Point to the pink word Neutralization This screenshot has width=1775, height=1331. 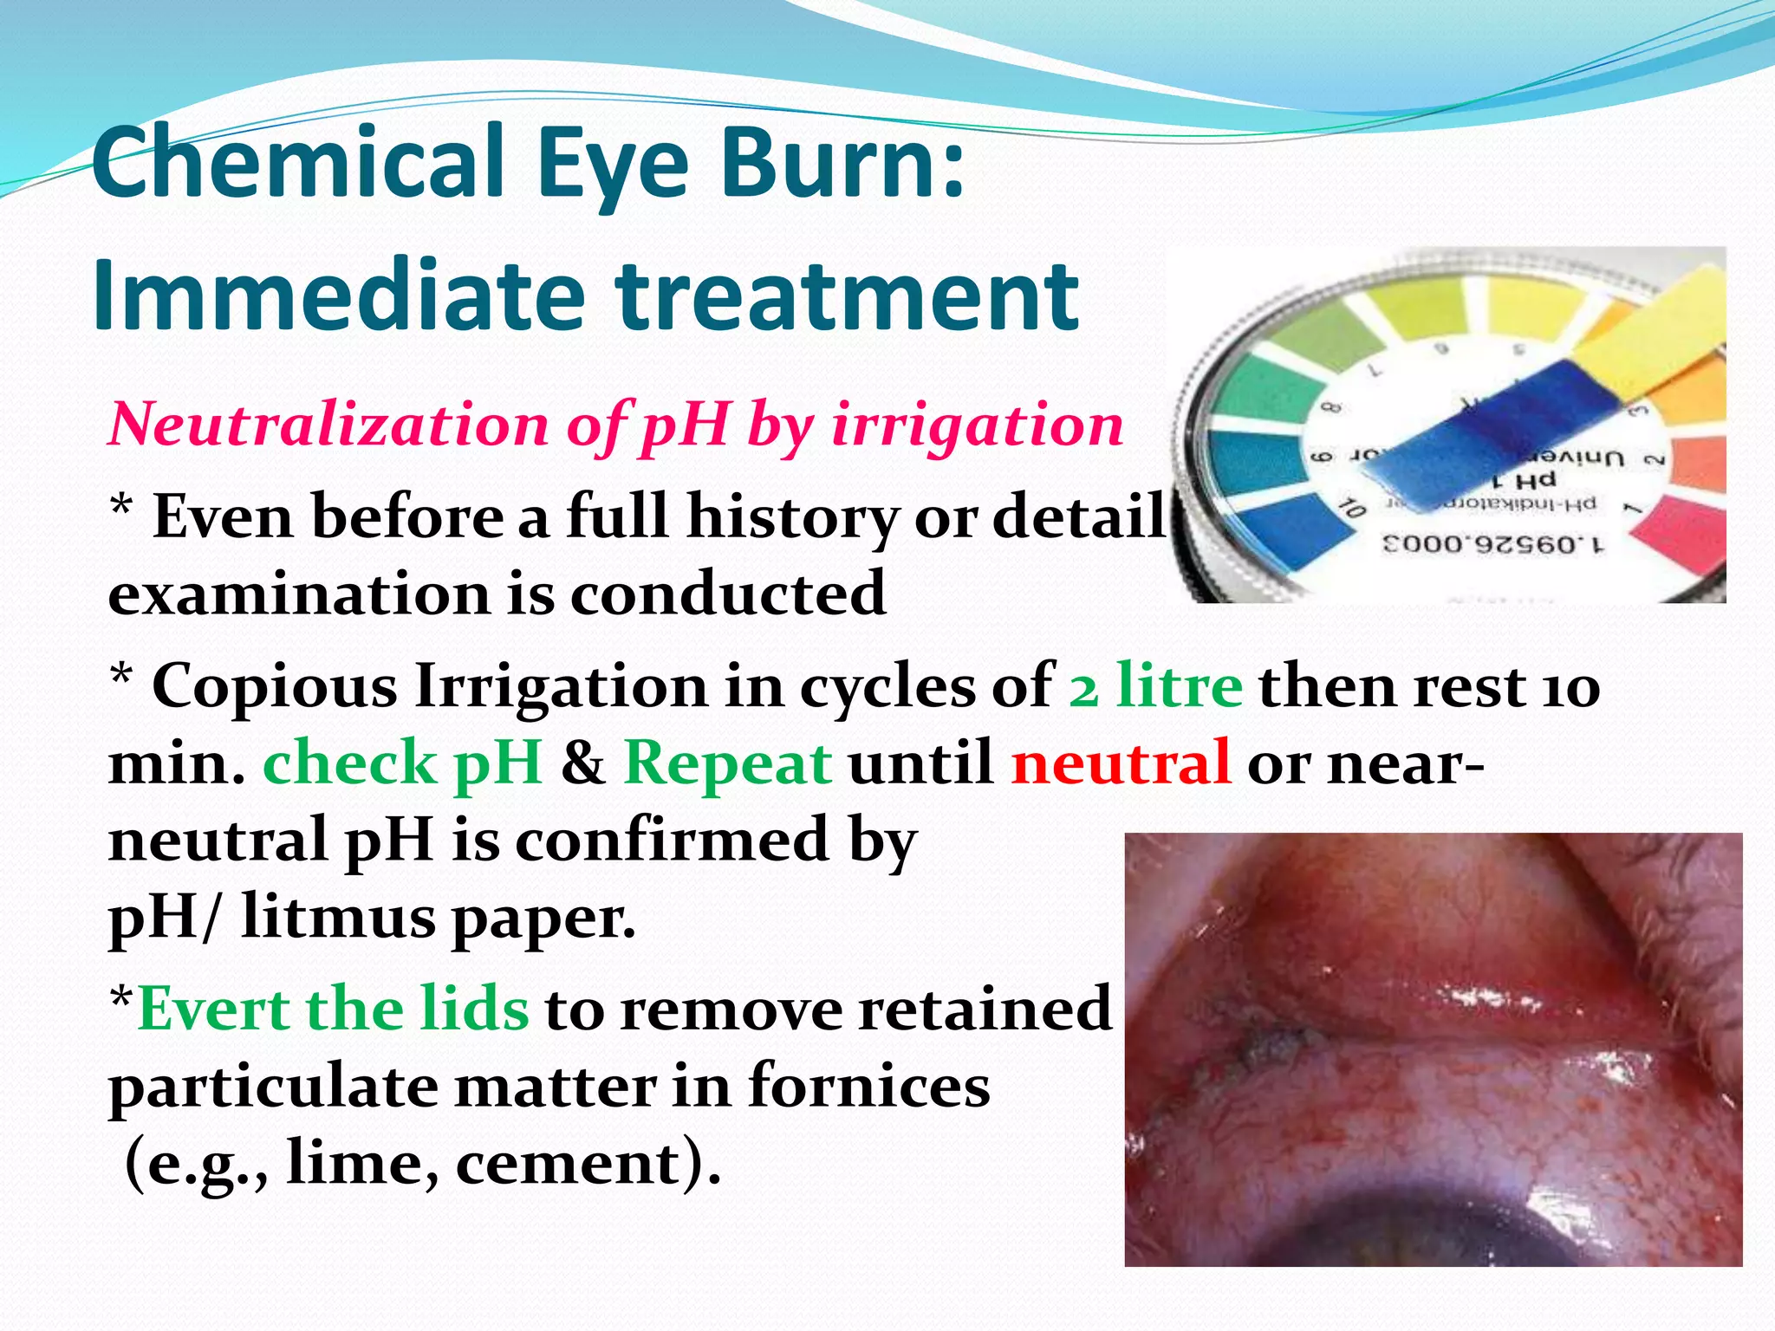tap(328, 425)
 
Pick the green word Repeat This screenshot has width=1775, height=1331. tap(728, 763)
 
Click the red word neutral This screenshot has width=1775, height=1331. tap(1121, 763)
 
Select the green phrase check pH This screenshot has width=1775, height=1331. tap(402, 763)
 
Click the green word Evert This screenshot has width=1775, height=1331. tap(213, 1009)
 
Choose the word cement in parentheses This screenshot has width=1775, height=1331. tap(567, 1163)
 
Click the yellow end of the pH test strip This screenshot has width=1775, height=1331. tap(1647, 321)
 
